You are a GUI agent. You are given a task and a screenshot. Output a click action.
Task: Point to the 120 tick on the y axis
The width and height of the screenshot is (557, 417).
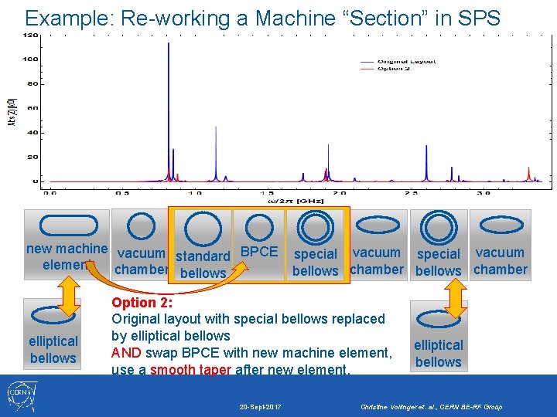[32, 36]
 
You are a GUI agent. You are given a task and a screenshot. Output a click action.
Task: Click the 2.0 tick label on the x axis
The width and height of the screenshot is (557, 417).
[337, 193]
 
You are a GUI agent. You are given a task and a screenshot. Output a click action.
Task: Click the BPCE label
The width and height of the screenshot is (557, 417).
[259, 252]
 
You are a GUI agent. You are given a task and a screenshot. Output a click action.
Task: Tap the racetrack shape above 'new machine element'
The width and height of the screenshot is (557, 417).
[69, 225]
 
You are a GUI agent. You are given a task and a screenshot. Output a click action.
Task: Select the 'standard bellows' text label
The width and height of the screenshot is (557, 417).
[203, 264]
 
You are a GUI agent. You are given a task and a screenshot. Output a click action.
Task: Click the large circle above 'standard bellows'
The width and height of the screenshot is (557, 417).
[203, 230]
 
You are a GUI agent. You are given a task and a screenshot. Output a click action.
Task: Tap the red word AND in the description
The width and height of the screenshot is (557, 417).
[126, 353]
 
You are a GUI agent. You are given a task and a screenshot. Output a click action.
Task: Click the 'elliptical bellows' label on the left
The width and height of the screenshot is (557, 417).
[53, 349]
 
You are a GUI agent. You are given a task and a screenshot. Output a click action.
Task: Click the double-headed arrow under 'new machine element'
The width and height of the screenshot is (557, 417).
[70, 296]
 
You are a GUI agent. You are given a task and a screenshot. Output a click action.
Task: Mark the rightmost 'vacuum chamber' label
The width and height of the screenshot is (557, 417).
[500, 261]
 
